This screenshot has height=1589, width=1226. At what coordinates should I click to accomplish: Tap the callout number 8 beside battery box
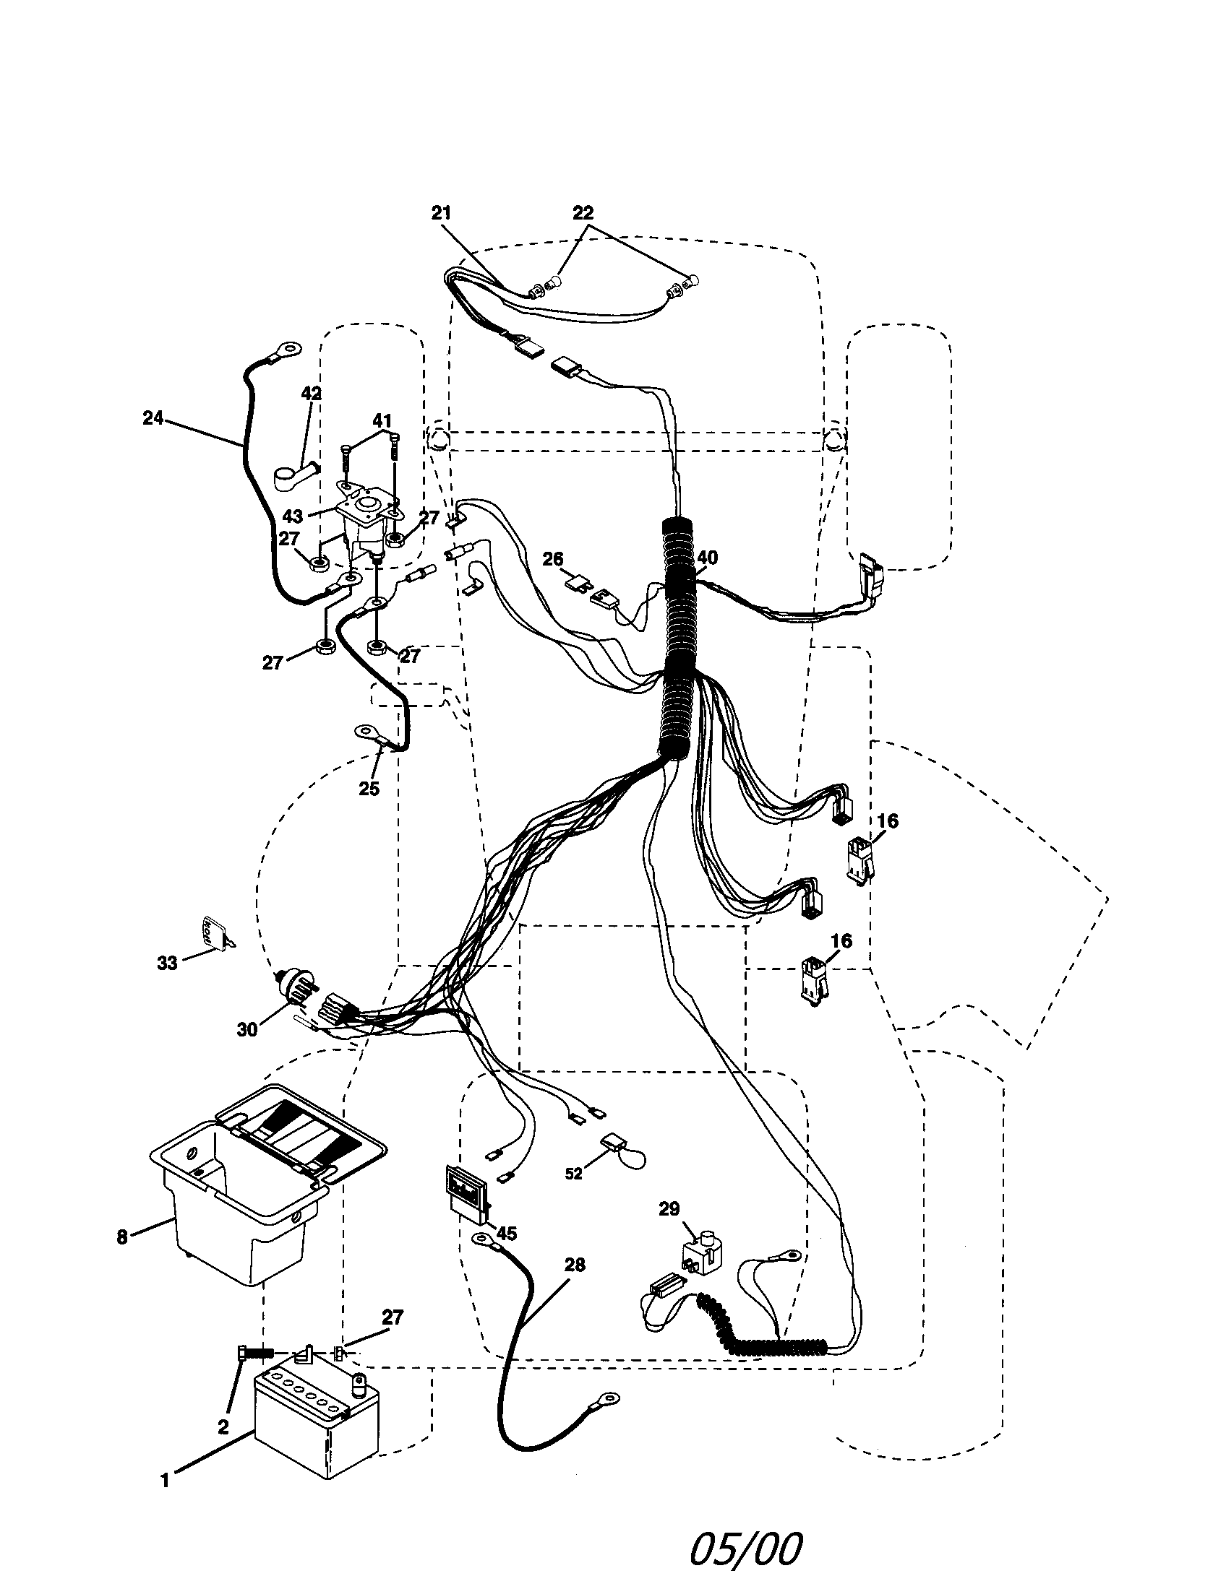122,1236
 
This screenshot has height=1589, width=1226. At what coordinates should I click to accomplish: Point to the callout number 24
153,418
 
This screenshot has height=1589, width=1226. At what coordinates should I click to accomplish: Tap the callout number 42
311,393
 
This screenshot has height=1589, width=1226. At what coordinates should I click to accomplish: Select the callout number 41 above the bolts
382,420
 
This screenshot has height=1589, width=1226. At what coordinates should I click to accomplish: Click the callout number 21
441,213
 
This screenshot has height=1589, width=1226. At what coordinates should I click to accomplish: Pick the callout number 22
583,213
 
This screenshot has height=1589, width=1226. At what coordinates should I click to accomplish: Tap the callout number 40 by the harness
707,558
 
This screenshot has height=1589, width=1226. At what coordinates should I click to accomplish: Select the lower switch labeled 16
813,980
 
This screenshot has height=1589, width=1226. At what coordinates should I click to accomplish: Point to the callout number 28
575,1265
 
